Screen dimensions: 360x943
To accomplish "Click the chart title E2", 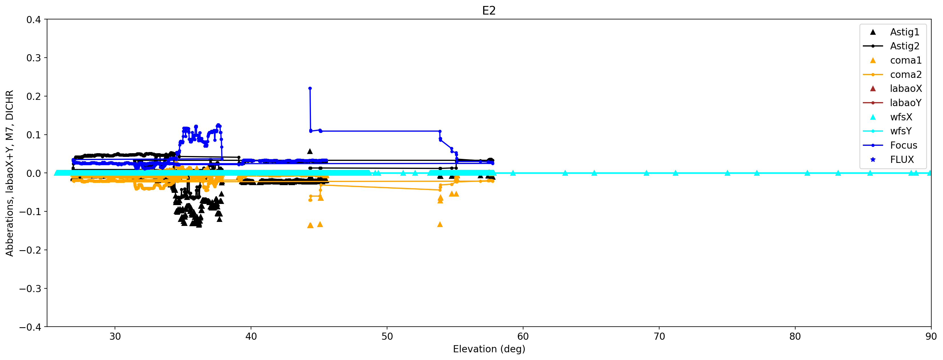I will coord(489,11).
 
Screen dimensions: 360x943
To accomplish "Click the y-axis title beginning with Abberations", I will coord(9,173).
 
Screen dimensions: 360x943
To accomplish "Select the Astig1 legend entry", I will coord(904,32).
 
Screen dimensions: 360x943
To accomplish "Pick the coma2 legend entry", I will coord(906,75).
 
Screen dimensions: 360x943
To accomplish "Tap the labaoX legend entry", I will coord(906,89).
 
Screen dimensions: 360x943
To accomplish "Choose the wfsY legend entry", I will coord(900,131).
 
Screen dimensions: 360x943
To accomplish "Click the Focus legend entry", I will coord(903,145).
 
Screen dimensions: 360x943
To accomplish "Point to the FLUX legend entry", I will coord(902,160).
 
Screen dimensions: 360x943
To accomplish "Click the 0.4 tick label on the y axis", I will coord(34,20).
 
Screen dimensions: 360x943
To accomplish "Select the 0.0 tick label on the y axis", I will coord(34,173).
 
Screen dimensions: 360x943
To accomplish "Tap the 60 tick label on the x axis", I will coord(523,337).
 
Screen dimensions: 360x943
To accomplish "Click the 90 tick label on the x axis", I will coord(930,337).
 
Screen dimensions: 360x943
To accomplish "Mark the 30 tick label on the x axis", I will coord(115,337).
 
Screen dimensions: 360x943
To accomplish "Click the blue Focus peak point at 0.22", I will coord(310,88).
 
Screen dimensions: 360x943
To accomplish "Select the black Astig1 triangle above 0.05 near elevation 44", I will coord(310,151).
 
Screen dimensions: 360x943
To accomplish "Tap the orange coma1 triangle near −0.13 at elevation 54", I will coord(440,224).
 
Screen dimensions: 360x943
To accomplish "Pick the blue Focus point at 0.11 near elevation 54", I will coord(440,131).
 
